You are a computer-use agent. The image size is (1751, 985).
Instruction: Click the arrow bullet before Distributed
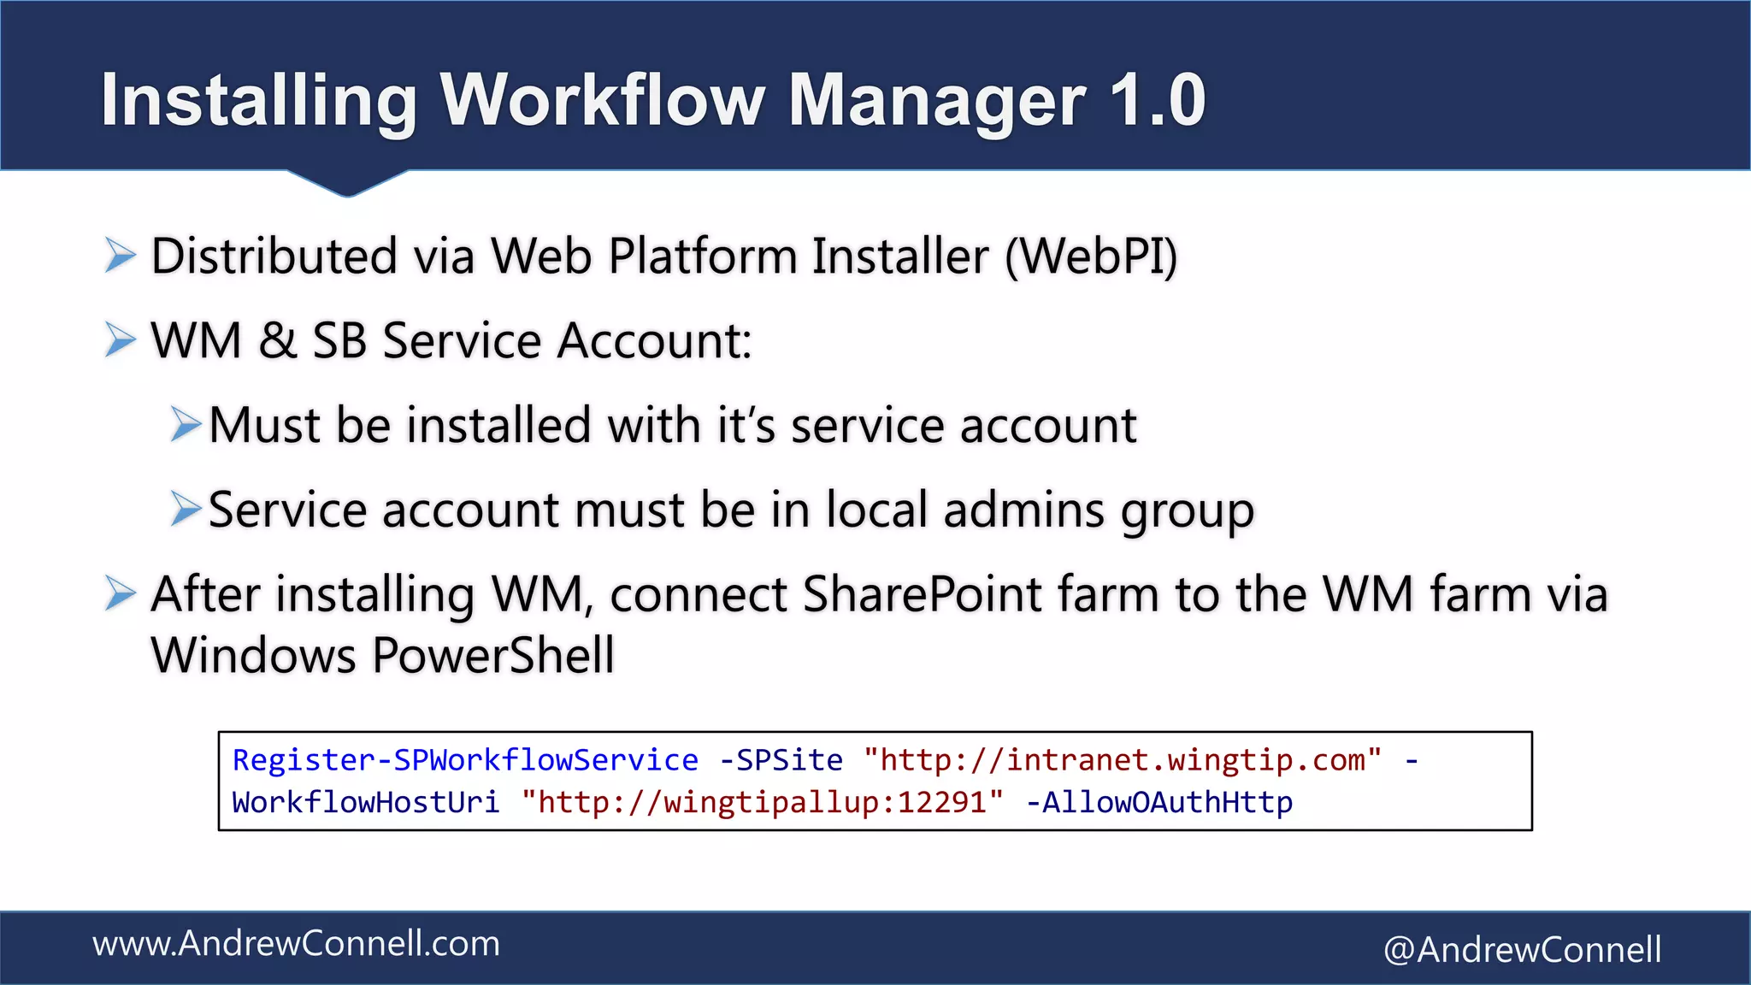pyautogui.click(x=120, y=256)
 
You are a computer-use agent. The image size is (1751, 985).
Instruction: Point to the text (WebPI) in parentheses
pyautogui.click(x=1091, y=257)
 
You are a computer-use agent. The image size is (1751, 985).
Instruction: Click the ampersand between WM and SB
pyautogui.click(x=277, y=340)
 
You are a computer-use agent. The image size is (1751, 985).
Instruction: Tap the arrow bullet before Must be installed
pyautogui.click(x=185, y=424)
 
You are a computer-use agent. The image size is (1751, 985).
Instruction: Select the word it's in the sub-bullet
pyautogui.click(x=746, y=425)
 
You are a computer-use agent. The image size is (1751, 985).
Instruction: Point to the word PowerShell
pyautogui.click(x=493, y=656)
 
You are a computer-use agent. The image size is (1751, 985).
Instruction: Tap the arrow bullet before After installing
pyautogui.click(x=120, y=593)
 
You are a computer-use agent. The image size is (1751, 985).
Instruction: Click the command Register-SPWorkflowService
pyautogui.click(x=465, y=760)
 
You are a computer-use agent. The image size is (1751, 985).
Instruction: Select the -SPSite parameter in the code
pyautogui.click(x=781, y=760)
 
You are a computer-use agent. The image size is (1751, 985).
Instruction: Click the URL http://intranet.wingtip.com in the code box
pyautogui.click(x=1122, y=760)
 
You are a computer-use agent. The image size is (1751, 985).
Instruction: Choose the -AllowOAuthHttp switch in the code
pyautogui.click(x=1158, y=803)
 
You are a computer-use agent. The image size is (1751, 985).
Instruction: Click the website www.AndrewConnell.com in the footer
pyautogui.click(x=296, y=944)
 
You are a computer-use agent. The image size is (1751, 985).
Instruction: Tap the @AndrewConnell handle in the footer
pyautogui.click(x=1522, y=950)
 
